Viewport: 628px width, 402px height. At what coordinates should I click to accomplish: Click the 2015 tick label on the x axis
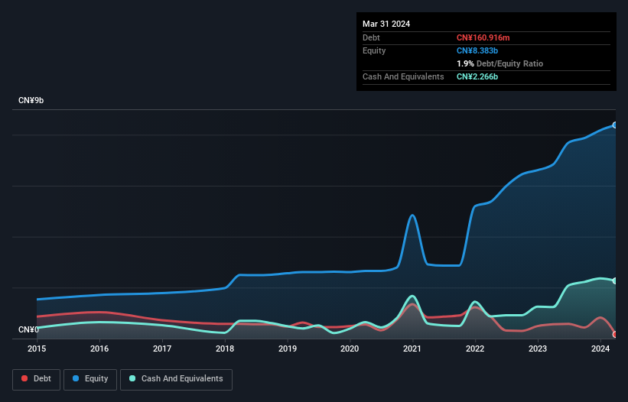37,349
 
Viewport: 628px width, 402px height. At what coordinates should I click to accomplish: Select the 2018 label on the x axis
225,349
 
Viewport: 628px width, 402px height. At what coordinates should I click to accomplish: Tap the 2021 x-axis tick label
413,349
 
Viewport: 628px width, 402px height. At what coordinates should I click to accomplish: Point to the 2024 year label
600,349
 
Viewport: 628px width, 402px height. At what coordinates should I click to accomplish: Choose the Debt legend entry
35,379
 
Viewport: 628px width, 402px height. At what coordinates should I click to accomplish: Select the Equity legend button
90,379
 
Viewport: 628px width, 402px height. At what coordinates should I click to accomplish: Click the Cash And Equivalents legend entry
176,379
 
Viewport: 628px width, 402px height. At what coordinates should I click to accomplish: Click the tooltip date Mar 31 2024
386,24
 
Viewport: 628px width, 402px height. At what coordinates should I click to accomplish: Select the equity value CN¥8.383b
478,50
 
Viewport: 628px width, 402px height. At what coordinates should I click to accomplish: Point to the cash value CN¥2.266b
478,76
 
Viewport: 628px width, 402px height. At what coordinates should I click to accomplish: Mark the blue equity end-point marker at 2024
615,125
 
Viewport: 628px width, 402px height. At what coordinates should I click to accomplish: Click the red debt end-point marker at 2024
615,334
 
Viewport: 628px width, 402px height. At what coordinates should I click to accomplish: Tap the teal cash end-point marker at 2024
615,280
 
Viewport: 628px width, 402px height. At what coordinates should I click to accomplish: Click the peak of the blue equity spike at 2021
413,215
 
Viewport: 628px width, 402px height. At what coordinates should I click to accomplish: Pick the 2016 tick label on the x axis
99,349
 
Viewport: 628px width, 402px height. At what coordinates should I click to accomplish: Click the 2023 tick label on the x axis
538,349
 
